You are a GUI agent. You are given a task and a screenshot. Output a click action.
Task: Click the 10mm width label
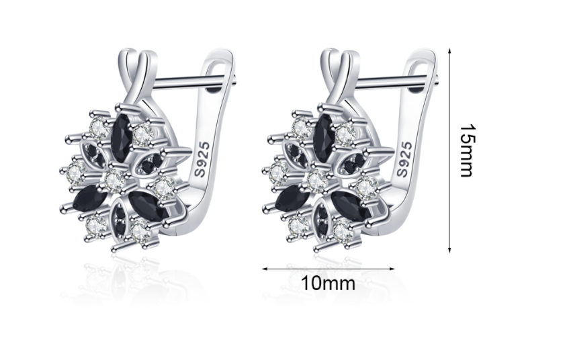(328, 283)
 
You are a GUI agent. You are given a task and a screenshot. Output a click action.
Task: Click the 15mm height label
(467, 150)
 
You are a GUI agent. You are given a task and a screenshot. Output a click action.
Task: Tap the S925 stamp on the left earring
(202, 159)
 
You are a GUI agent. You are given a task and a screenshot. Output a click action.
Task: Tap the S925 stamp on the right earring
(404, 159)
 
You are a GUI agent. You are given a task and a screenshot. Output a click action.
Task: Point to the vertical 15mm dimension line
(449, 150)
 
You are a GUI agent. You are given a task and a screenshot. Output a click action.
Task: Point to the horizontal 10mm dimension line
(329, 269)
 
